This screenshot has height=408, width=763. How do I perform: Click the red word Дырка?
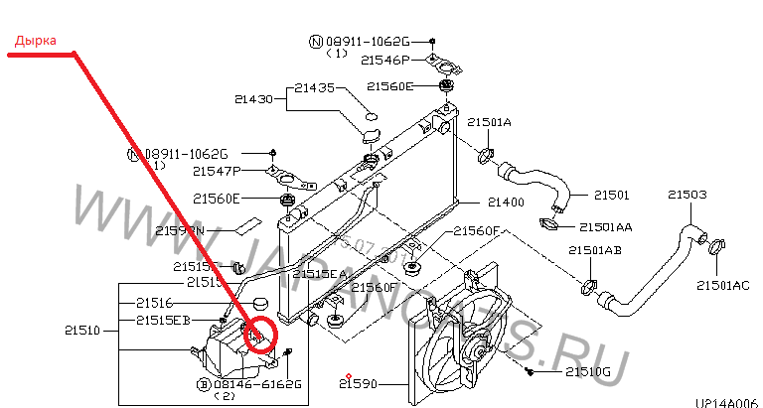coord(35,42)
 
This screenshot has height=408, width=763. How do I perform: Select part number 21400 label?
coord(505,203)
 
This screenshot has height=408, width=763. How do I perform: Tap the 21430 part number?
coord(253,98)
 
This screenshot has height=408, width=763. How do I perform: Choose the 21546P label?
coord(384,61)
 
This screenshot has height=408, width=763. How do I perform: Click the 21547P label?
coord(216,171)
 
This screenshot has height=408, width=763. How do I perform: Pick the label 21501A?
coord(489,122)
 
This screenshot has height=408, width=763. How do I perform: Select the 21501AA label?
coord(605,226)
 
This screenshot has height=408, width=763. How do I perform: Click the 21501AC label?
coord(722,286)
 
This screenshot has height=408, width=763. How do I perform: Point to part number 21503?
coord(687,195)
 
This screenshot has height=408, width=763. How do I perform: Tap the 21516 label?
coord(154,302)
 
